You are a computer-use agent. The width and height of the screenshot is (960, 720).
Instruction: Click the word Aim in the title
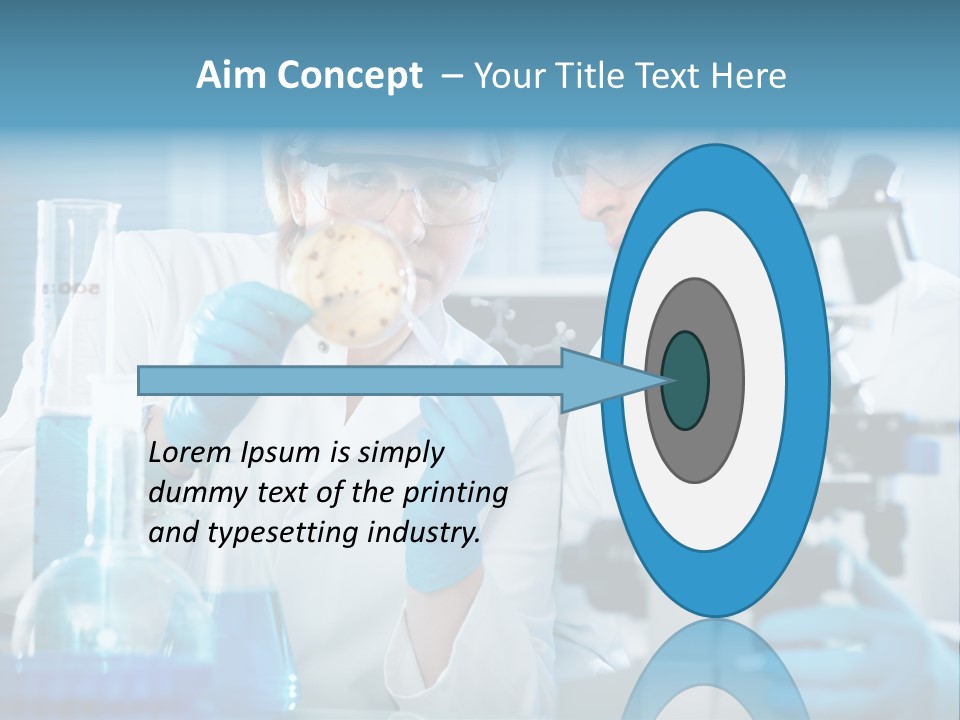(231, 76)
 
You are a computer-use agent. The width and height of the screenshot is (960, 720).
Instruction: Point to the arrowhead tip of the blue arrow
(666, 380)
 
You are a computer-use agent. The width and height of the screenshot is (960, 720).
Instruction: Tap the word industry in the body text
(423, 533)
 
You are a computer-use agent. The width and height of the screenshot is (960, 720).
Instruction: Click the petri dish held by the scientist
(344, 279)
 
